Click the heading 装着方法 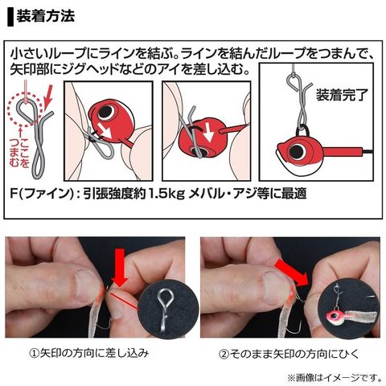click(x=46, y=17)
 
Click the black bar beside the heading click(x=10, y=17)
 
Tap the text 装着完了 click(x=343, y=95)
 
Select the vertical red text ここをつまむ click(x=19, y=153)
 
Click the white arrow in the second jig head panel click(x=209, y=133)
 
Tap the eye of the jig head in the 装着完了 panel click(x=297, y=151)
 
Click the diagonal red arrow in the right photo click(x=292, y=271)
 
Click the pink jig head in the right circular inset click(x=335, y=314)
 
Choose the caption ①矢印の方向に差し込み click(x=88, y=353)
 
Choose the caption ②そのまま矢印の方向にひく click(x=289, y=354)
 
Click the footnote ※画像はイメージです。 click(x=335, y=378)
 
